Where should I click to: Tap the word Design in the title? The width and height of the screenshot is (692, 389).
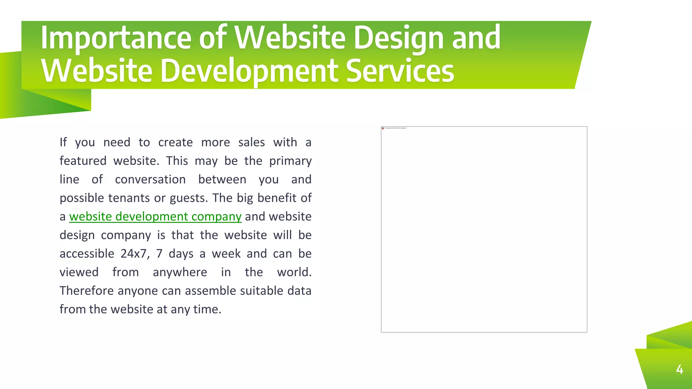pos(399,38)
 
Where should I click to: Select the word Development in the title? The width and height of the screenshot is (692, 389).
pos(249,71)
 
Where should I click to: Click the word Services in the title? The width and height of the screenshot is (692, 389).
pos(400,71)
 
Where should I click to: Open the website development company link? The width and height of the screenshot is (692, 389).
pos(155,216)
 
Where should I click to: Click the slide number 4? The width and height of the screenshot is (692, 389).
pos(679,369)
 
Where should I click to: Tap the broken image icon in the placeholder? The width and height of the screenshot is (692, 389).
pos(383,128)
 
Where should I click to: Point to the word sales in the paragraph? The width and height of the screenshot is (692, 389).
pos(251,142)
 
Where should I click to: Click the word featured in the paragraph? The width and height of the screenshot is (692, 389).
pos(83,161)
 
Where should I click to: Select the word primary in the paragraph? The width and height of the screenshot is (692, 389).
pos(290,161)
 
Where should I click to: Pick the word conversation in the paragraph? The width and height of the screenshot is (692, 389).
pos(150,179)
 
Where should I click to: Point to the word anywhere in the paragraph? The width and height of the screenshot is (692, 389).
pos(180,272)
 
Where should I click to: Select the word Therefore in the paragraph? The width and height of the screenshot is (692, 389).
pos(87,291)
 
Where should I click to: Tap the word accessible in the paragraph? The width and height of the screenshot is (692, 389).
pos(87,254)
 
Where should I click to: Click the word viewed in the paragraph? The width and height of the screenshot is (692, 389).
pos(79,272)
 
